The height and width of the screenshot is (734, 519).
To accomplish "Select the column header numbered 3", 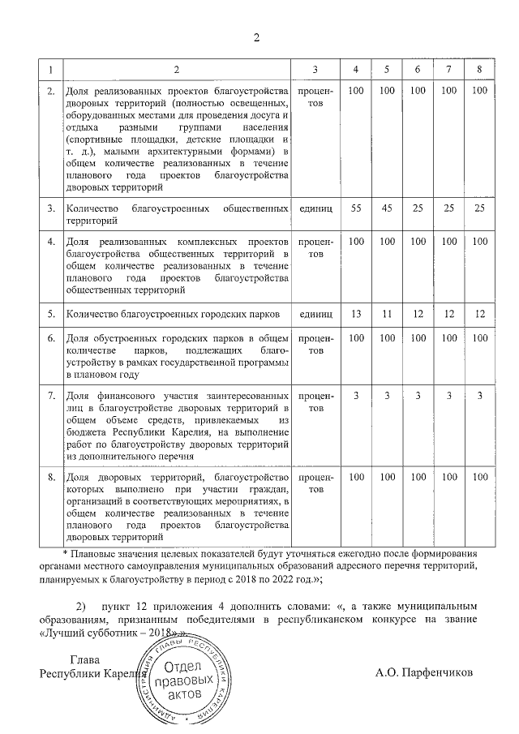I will [315, 70].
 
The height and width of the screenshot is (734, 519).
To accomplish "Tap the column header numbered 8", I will [479, 70].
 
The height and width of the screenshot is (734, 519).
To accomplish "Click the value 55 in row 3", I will [355, 208].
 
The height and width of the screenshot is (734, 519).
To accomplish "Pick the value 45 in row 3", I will [387, 208].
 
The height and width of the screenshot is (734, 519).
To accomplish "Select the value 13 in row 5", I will [355, 313].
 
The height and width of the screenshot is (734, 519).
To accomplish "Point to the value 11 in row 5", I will [387, 313].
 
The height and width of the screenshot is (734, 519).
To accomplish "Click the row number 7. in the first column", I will [50, 395].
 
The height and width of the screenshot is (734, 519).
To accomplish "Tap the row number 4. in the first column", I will [50, 243].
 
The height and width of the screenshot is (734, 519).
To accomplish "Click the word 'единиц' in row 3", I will [315, 208].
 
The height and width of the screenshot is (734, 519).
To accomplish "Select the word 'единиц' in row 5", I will [315, 313].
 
